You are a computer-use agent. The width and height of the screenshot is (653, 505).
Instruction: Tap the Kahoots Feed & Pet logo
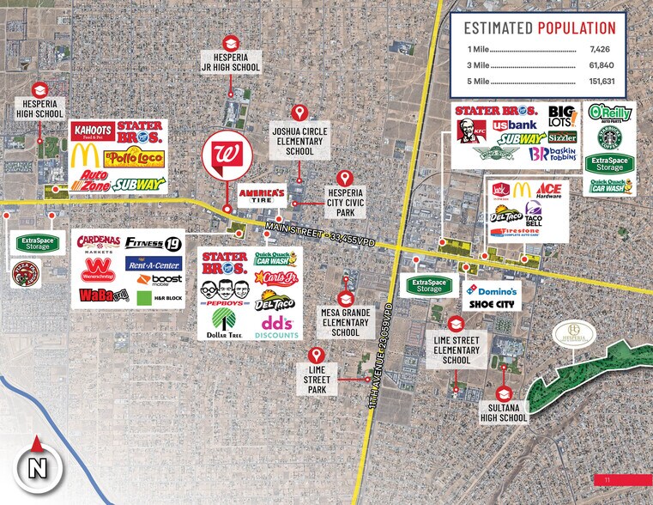(x=93, y=131)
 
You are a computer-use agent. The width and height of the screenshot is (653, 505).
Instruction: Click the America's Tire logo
(x=262, y=194)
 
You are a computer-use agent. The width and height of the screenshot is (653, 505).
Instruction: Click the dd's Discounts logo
(x=277, y=325)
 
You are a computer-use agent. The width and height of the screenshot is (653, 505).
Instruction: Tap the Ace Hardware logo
(x=548, y=192)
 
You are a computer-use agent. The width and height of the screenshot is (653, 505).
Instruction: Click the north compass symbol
(x=36, y=468)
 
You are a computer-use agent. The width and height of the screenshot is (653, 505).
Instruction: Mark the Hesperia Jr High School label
(x=230, y=62)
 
